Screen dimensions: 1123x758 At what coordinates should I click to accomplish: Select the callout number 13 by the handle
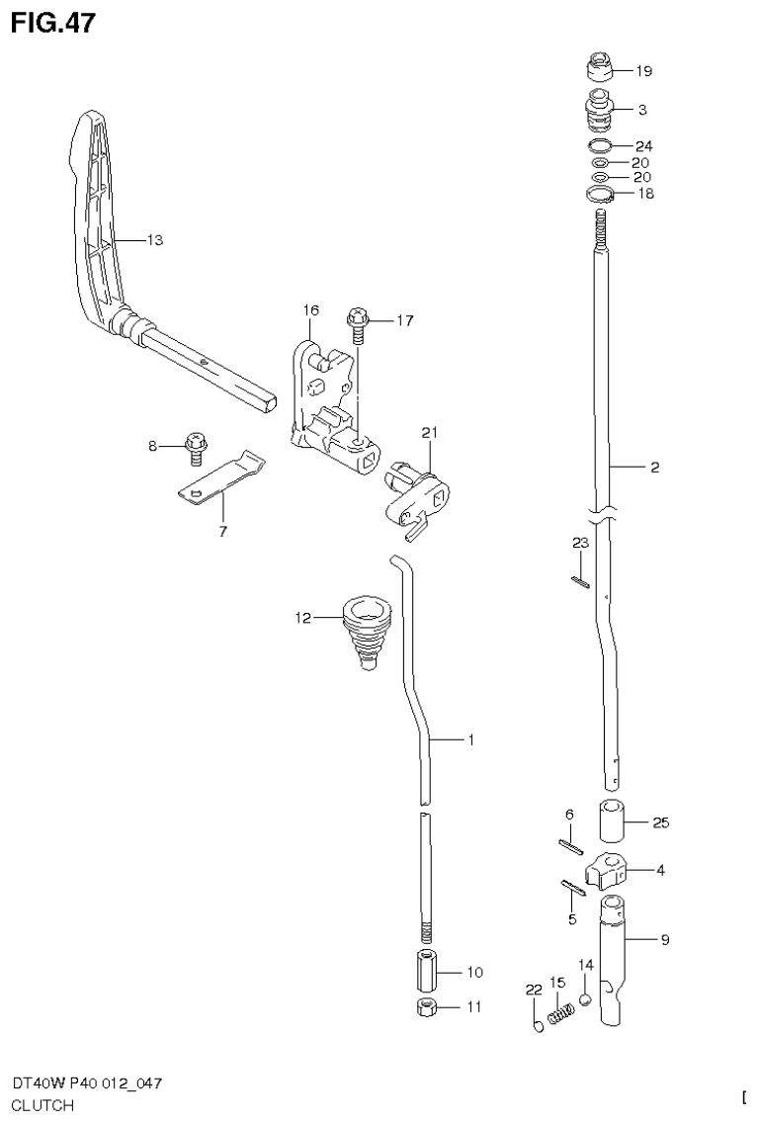154,240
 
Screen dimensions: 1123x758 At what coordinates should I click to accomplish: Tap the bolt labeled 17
357,320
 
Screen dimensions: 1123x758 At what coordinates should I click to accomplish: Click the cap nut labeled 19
598,71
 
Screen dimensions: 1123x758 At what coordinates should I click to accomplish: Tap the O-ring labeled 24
599,145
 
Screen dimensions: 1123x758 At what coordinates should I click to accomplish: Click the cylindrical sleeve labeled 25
613,820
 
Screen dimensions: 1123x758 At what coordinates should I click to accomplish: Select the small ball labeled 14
585,998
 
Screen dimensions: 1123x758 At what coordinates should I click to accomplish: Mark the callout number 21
428,432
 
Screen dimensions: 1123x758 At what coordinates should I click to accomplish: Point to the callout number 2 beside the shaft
654,469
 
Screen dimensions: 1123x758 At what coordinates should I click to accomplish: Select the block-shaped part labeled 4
607,871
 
